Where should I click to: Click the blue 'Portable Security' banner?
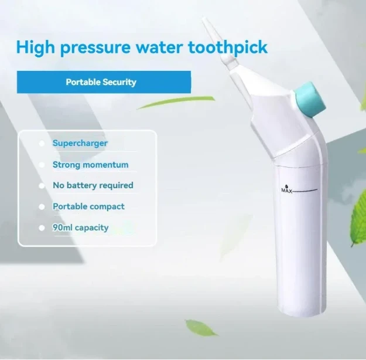(104, 82)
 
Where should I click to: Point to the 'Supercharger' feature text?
(80, 143)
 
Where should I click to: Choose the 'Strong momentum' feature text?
(90, 165)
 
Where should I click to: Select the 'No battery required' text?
(93, 185)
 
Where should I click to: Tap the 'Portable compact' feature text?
(88, 206)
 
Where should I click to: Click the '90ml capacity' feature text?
(80, 227)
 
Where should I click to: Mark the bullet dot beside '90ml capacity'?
(42, 227)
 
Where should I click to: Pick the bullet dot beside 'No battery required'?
(42, 186)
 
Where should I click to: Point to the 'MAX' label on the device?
(287, 191)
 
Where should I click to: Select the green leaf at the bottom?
(201, 327)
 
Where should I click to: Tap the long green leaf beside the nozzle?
(176, 103)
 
